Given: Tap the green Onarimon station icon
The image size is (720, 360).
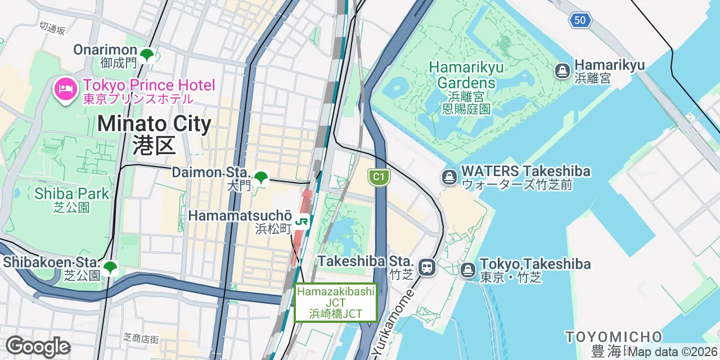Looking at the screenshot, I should (147, 55).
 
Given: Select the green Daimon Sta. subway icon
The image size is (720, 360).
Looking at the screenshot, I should (261, 178).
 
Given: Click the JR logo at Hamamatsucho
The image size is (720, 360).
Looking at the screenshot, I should (302, 222).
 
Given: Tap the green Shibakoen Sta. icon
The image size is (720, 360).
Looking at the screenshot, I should (110, 268).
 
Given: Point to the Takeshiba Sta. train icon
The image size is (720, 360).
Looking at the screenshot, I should (427, 267).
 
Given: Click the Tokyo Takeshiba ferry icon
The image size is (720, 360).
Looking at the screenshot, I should (468, 270).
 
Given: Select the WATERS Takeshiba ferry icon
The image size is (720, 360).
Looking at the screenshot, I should (449, 177).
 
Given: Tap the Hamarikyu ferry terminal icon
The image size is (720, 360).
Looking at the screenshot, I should (562, 71).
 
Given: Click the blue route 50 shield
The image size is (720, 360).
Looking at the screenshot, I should (579, 21).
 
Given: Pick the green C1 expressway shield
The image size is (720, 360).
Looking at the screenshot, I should (379, 177).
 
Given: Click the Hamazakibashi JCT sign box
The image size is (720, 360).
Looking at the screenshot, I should (336, 303).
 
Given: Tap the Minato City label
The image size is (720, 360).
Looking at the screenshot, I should (154, 134).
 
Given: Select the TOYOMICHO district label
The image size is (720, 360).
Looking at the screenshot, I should (614, 337).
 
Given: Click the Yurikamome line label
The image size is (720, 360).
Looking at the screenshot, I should (393, 324).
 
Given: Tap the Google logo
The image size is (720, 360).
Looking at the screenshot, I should (38, 346).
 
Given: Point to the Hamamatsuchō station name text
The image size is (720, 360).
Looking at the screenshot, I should (240, 216).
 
